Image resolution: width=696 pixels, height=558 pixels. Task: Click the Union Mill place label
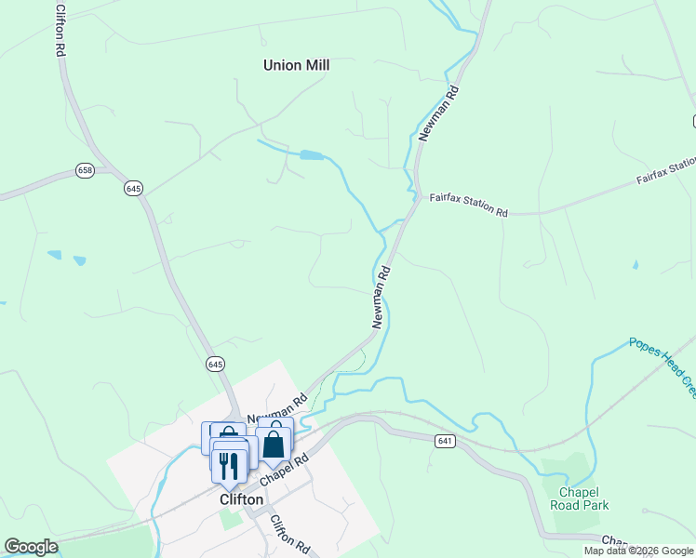click(296, 65)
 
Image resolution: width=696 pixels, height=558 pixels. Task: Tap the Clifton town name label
click(241, 499)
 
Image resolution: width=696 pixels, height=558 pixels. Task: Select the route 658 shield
click(86, 170)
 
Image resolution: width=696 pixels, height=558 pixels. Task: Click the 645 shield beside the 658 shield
click(133, 188)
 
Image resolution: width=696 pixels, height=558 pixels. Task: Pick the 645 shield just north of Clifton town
click(215, 363)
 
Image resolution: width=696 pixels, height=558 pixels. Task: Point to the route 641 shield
click(445, 440)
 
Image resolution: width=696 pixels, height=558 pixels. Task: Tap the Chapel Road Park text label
click(583, 498)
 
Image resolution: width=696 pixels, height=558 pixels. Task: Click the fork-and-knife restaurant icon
click(229, 464)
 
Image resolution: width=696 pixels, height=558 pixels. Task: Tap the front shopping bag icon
click(274, 444)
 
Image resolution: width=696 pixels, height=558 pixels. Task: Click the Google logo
click(31, 547)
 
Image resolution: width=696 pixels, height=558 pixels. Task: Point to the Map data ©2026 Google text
click(638, 551)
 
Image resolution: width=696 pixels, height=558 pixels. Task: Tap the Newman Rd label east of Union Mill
click(439, 113)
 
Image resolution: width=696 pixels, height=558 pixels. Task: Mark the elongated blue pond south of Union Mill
click(312, 155)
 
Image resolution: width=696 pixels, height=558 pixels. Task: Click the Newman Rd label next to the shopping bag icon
click(277, 412)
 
